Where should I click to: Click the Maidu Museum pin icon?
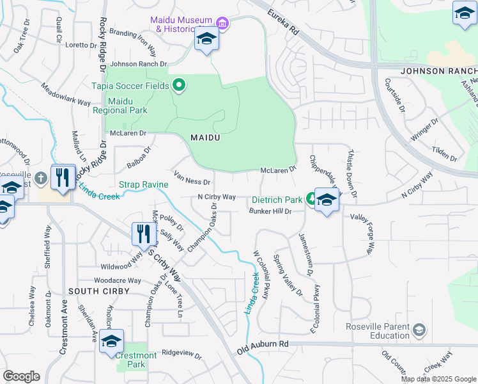coord(222,24)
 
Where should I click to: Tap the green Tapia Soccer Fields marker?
coord(179,85)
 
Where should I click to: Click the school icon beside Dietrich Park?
coord(327,201)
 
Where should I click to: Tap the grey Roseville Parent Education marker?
coord(419,330)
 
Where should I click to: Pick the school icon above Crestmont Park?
coord(111,342)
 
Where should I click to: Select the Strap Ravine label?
coord(143,185)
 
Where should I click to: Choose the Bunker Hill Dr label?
coord(270,211)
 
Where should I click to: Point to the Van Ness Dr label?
coord(192,177)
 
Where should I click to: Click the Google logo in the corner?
coord(21,376)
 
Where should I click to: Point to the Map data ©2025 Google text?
coord(438,379)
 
